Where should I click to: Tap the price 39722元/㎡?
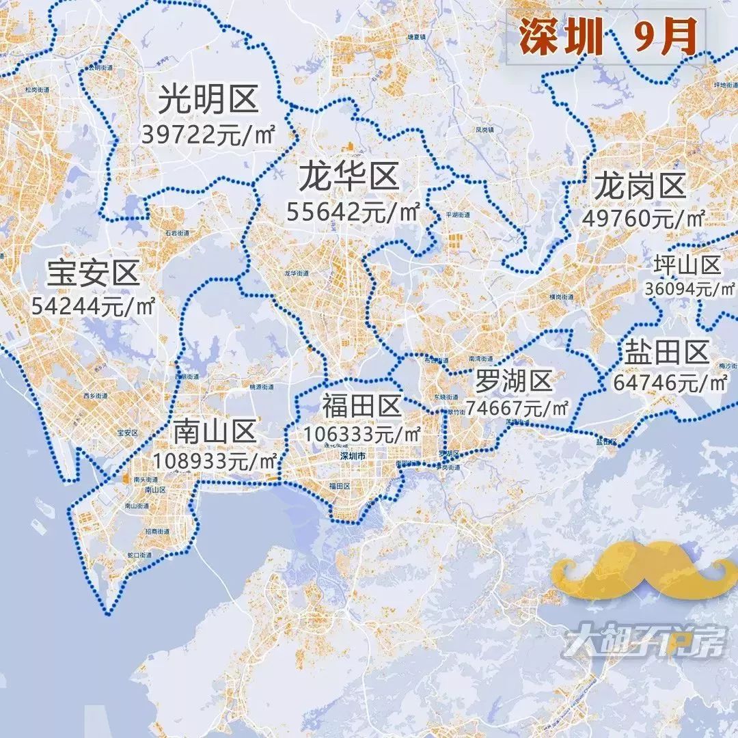[x=208, y=135]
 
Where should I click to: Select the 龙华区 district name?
[x=348, y=178]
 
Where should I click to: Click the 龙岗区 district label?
[x=640, y=185]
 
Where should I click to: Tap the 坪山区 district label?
[x=687, y=265]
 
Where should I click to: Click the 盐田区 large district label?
[x=666, y=353]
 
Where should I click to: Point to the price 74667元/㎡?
[x=517, y=408]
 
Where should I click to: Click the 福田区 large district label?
[x=362, y=407]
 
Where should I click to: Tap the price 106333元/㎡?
[x=363, y=434]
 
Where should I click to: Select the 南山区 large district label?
[x=215, y=431]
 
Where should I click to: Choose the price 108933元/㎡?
[x=216, y=460]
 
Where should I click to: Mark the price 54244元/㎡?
[x=94, y=305]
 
